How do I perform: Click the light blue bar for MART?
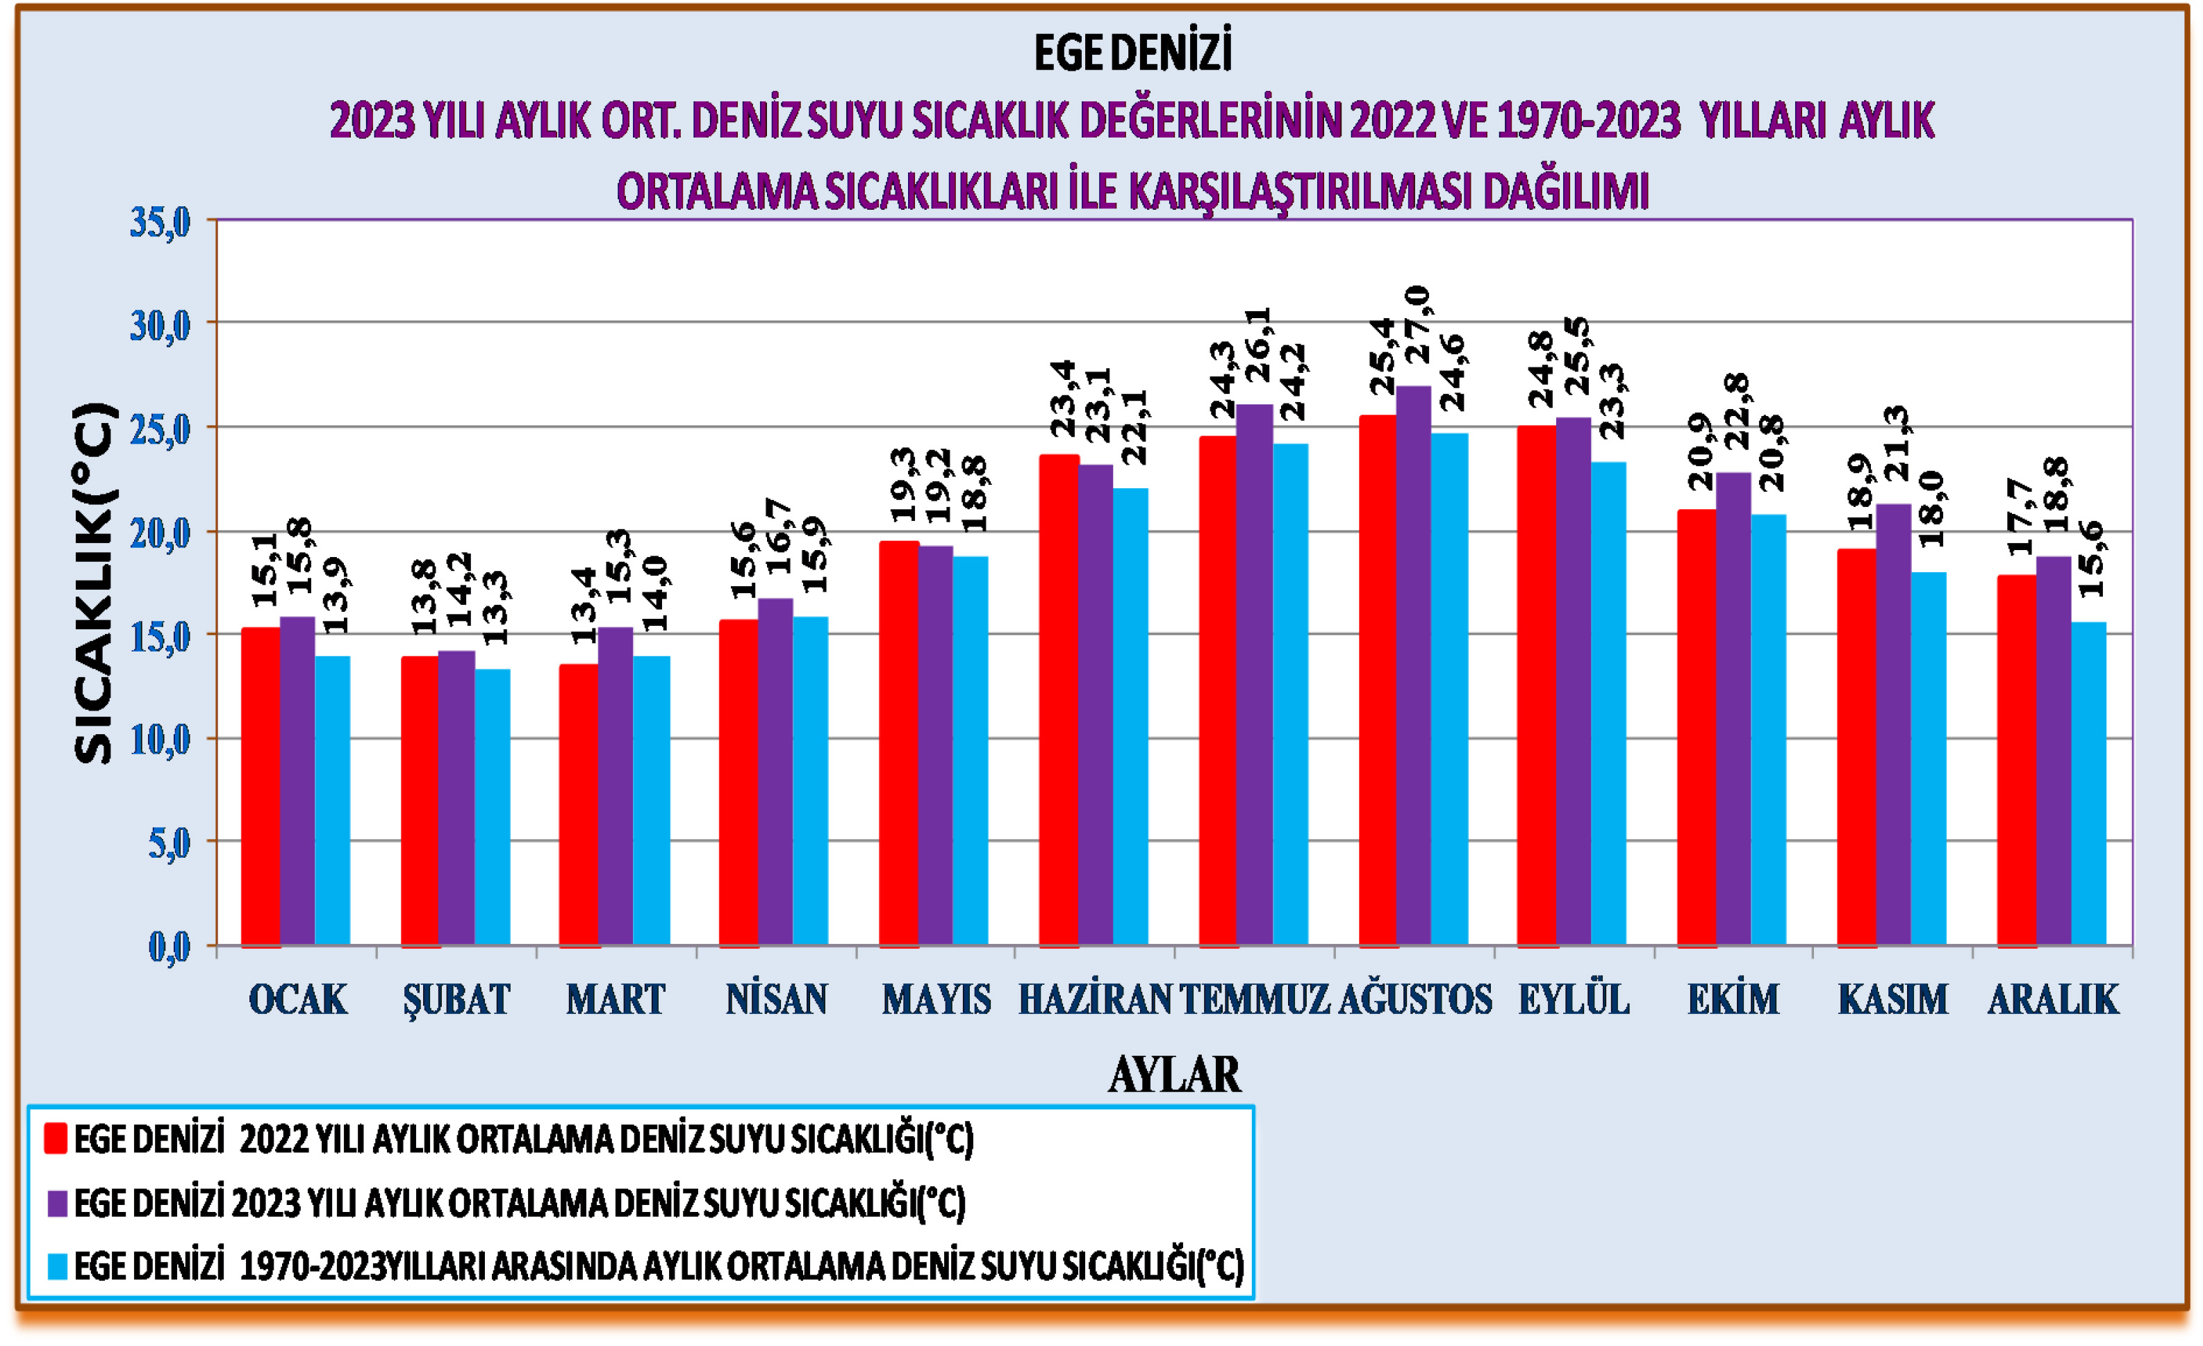pyautogui.click(x=651, y=801)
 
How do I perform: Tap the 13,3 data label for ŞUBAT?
pyautogui.click(x=495, y=608)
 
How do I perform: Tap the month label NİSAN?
pyautogui.click(x=776, y=999)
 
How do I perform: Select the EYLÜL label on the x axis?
pyautogui.click(x=1574, y=999)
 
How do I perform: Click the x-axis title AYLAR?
pyautogui.click(x=1174, y=1074)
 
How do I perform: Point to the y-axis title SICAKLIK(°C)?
pyautogui.click(x=94, y=583)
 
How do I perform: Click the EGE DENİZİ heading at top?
pyautogui.click(x=1133, y=53)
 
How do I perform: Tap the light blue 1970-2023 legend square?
pyautogui.click(x=57, y=1266)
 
